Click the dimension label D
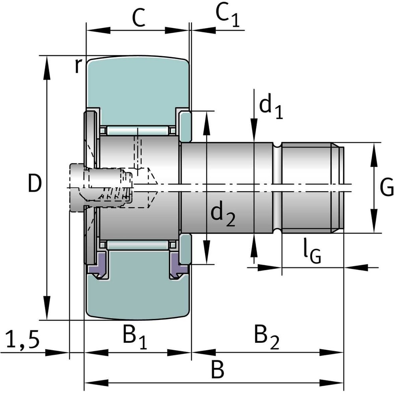pyautogui.click(x=35, y=184)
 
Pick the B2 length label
pyautogui.click(x=266, y=338)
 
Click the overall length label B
pyautogui.click(x=217, y=370)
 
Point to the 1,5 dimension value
pyautogui.click(x=23, y=340)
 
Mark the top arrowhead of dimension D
pyautogui.click(x=47, y=63)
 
